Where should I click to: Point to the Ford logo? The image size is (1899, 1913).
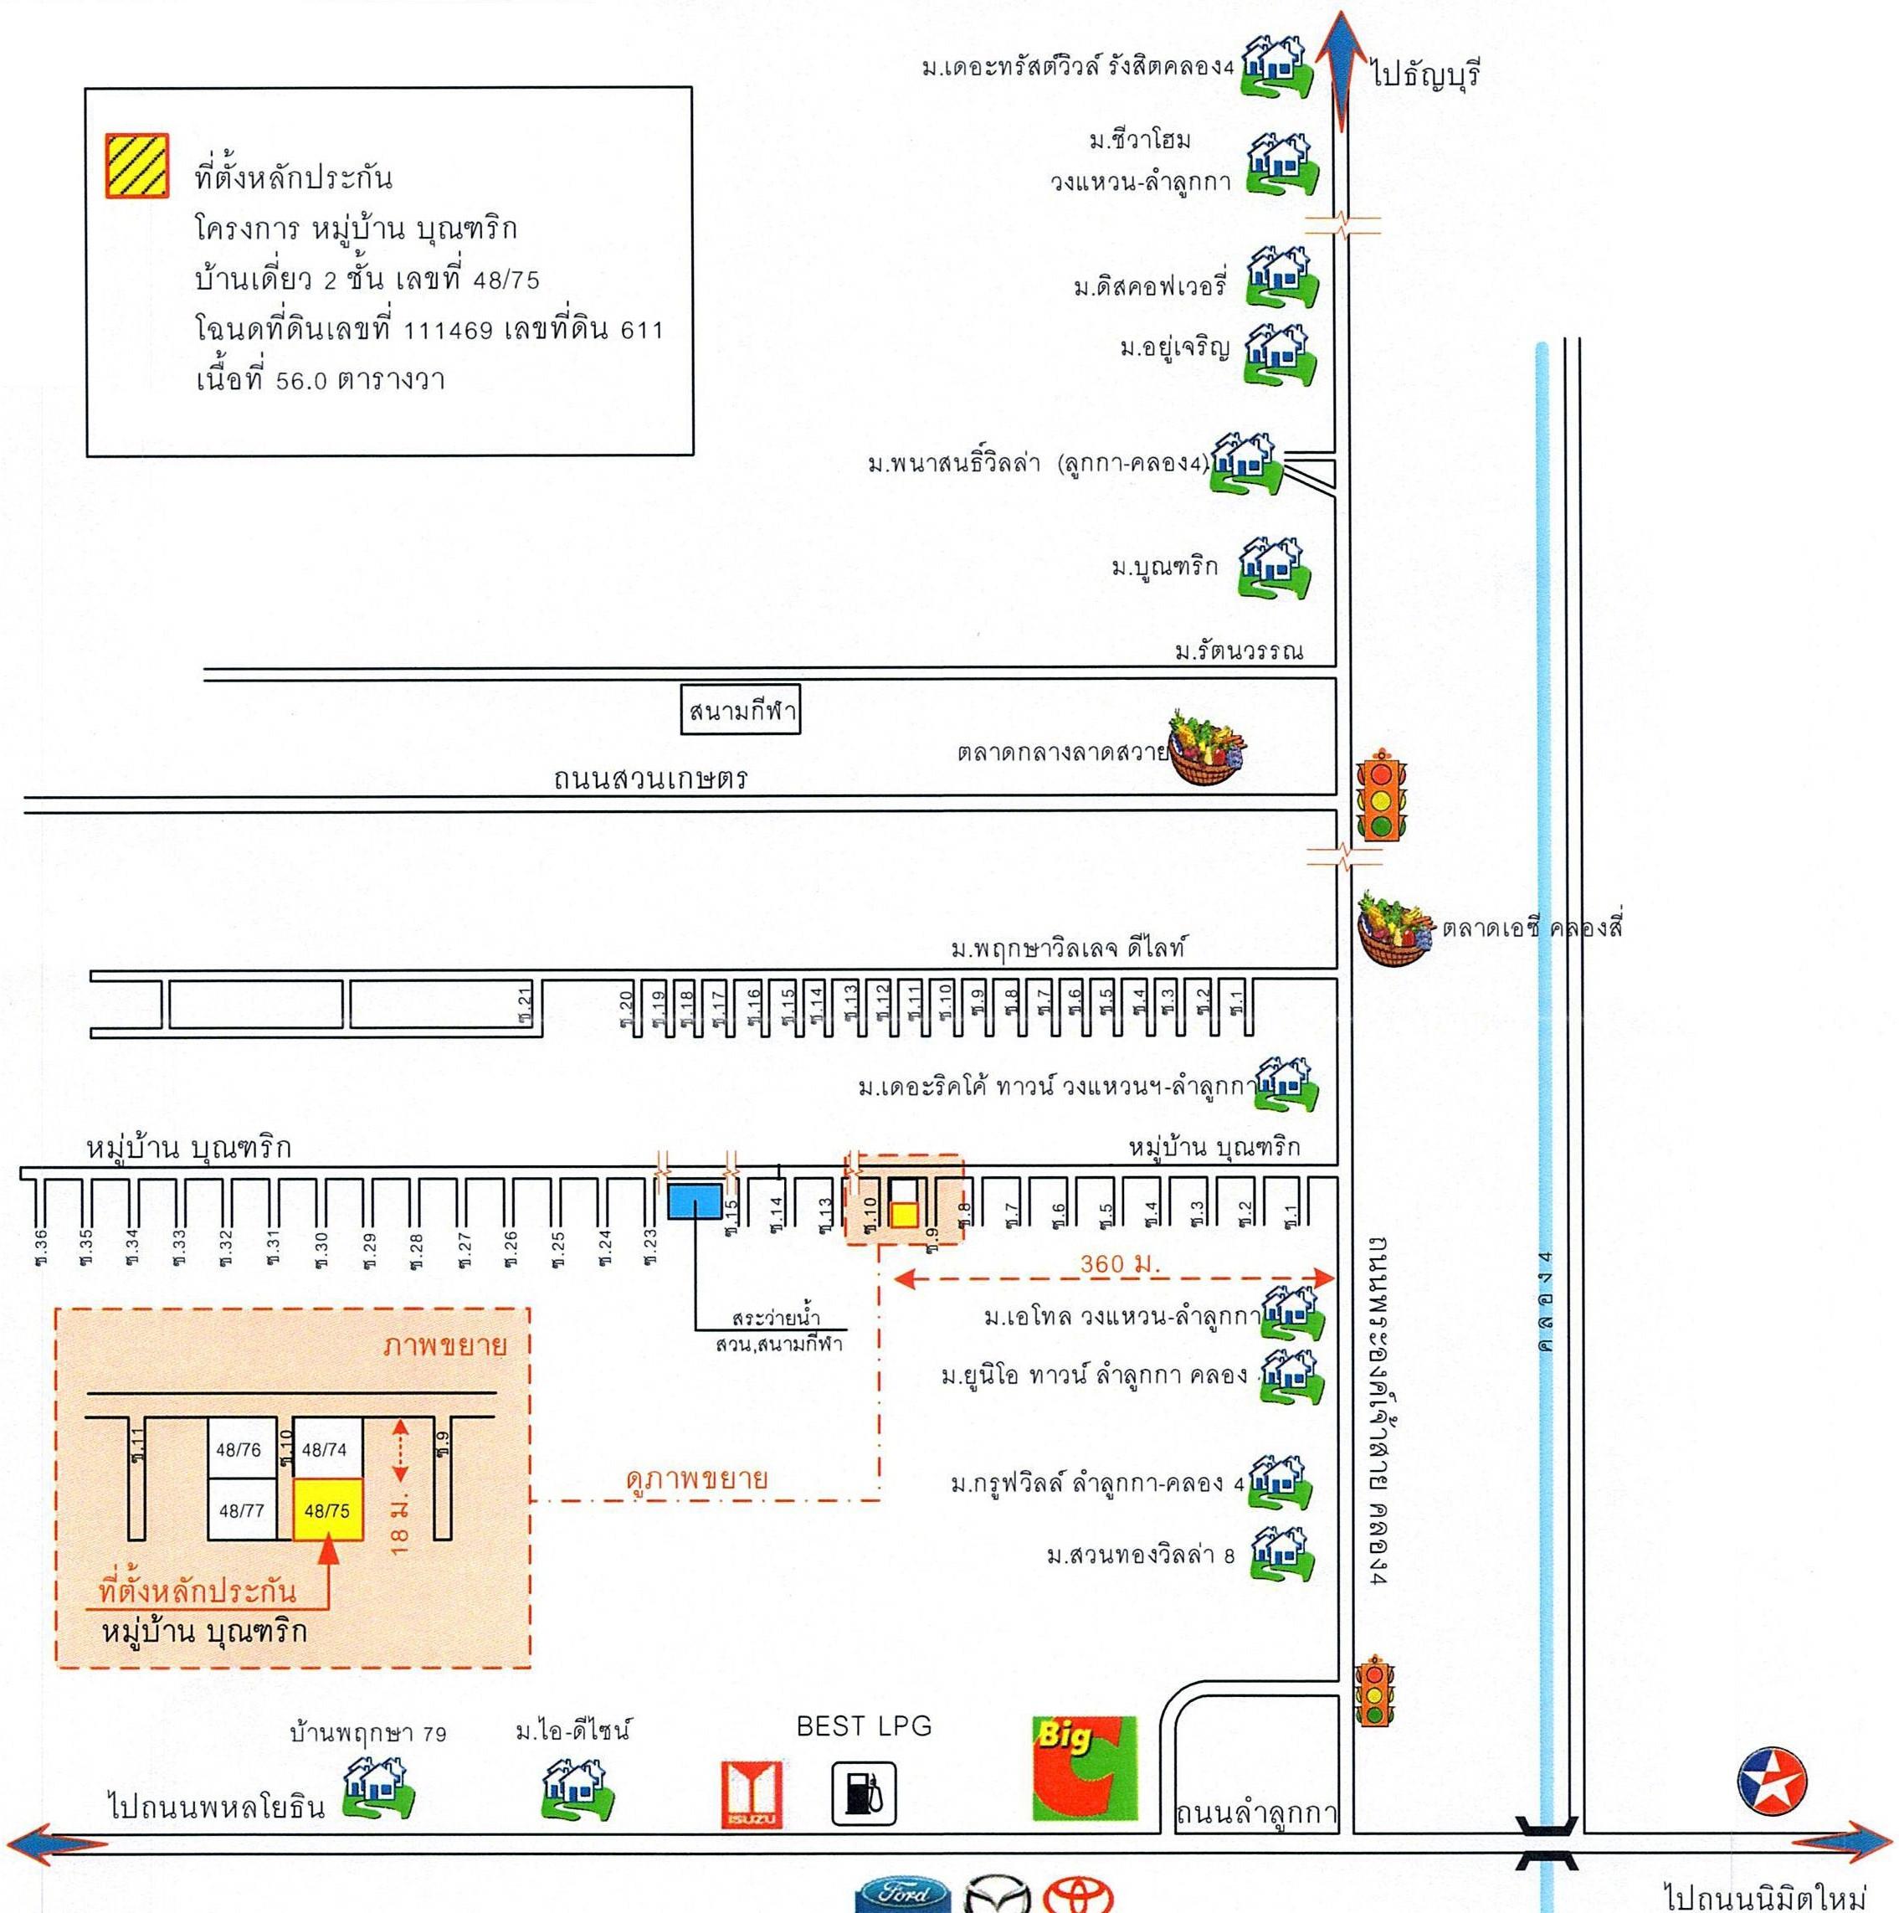[902, 1895]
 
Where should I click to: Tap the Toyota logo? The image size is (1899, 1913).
[1077, 1895]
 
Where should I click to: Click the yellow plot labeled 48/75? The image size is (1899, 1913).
[328, 1511]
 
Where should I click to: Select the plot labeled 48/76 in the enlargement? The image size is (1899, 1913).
[239, 1449]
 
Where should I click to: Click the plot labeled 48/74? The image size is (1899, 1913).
[326, 1449]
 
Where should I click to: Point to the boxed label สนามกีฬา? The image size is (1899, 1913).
[740, 711]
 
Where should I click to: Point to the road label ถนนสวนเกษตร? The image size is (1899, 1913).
[649, 779]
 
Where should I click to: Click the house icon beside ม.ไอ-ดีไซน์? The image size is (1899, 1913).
[577, 1792]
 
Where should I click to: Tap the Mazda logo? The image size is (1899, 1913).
[997, 1895]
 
